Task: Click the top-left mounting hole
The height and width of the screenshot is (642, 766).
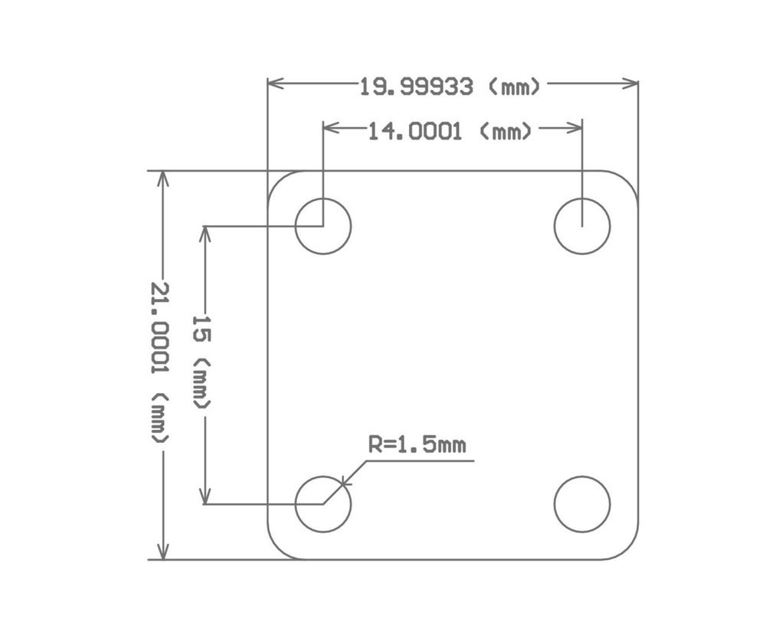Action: point(323,226)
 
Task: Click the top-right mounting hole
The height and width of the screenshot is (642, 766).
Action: point(582,226)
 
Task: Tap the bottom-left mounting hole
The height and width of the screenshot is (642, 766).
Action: point(323,504)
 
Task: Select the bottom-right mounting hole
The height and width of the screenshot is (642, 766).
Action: point(582,504)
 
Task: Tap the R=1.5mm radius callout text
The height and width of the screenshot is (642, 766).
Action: point(417,445)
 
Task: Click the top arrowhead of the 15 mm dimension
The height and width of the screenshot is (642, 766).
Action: point(205,234)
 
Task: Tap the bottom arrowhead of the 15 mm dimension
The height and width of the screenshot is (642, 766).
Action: point(205,496)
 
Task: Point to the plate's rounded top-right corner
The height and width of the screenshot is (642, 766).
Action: point(628,181)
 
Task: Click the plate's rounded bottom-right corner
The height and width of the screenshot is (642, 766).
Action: point(628,549)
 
